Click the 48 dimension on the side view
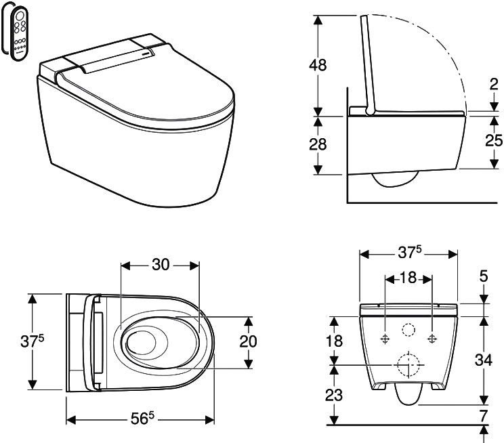click(318, 65)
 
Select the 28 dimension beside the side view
click(318, 144)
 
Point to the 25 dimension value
click(493, 140)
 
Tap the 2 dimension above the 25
click(494, 85)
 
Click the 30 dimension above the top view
click(161, 265)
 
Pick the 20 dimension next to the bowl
click(248, 341)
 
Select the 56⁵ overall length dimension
click(142, 418)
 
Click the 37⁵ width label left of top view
click(32, 341)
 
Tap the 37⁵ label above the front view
click(409, 252)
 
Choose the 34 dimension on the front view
click(484, 360)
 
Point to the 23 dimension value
click(334, 395)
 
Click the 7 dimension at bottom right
click(484, 416)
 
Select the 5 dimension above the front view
click(484, 276)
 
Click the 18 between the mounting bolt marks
click(408, 278)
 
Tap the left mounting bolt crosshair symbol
click(385, 339)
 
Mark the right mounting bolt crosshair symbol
click(432, 339)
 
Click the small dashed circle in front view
click(408, 329)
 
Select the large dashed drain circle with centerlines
click(408, 365)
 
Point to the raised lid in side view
click(369, 64)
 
